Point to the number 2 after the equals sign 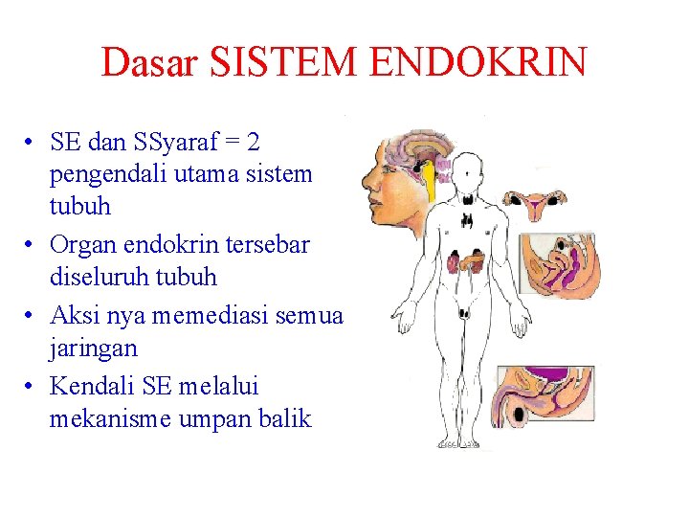[x=253, y=143]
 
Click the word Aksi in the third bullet [x=74, y=315]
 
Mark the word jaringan [x=93, y=348]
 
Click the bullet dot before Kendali [x=32, y=387]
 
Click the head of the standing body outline [x=468, y=176]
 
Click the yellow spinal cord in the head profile [x=432, y=182]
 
